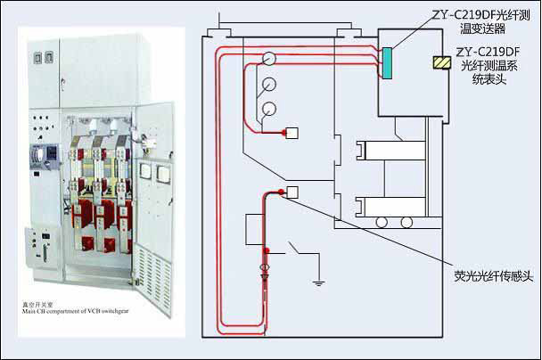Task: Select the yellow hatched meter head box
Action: point(439,62)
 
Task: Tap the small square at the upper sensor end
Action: point(291,135)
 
